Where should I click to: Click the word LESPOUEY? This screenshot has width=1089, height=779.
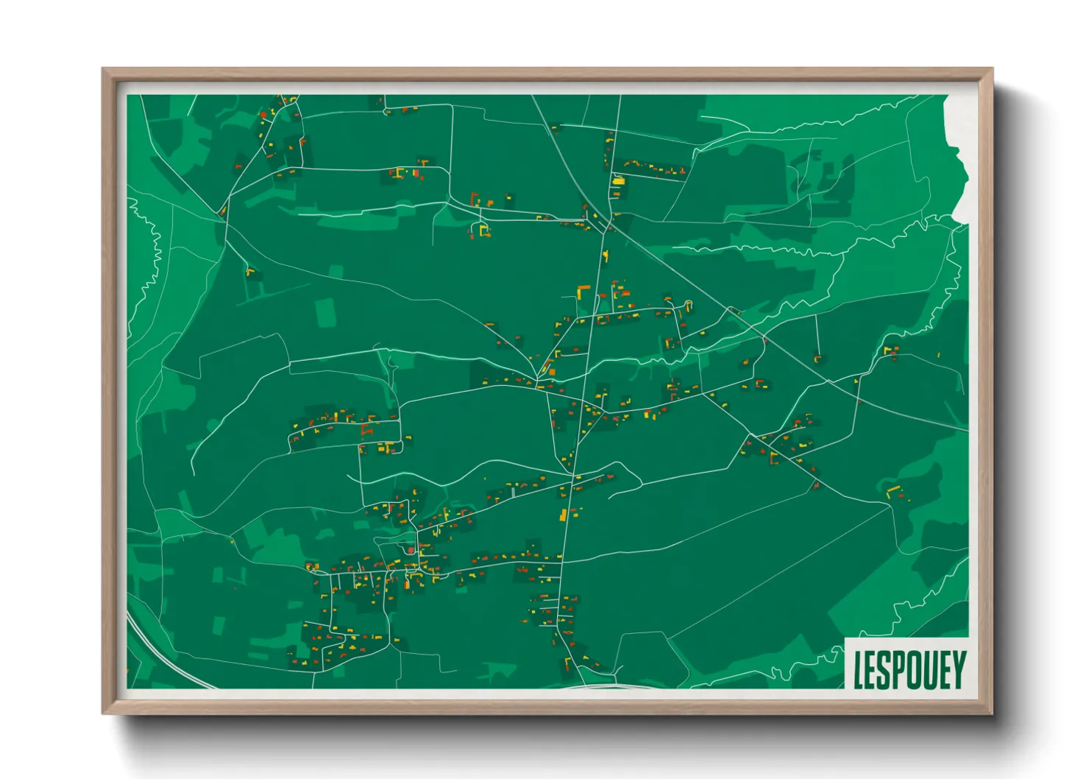click(909, 669)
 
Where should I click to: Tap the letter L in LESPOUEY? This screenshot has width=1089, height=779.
click(858, 670)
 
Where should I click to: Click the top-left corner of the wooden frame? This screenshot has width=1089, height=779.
click(103, 69)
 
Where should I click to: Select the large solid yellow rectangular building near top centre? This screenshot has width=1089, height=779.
click(618, 180)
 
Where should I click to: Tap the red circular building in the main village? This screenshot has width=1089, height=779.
click(410, 550)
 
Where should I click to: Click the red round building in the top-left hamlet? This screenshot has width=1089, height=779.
click(263, 115)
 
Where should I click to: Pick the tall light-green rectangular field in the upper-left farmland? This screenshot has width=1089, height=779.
click(327, 312)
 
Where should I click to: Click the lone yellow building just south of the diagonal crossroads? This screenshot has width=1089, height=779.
click(606, 255)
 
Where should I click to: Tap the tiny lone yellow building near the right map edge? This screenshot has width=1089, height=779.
click(939, 355)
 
